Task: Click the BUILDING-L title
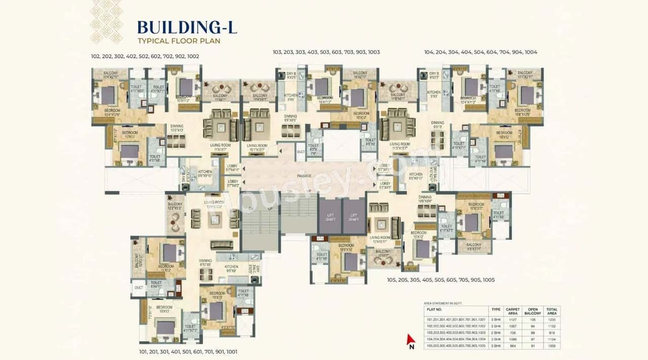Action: (187, 26)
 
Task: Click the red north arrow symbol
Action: (412, 341)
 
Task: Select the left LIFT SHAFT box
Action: (330, 216)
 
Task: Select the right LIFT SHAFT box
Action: (354, 216)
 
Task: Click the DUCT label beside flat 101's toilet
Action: (138, 287)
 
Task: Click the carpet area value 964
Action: (513, 345)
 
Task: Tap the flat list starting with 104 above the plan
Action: (480, 52)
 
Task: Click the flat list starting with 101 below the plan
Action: (188, 351)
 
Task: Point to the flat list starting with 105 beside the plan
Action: (440, 280)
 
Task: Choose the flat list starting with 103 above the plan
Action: (326, 52)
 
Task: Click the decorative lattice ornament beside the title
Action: (106, 21)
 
